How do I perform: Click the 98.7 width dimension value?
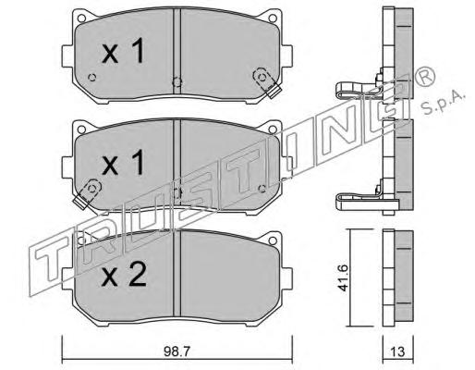coord(177,351)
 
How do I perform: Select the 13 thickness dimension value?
coord(397,351)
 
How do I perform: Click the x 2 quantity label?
coord(124,276)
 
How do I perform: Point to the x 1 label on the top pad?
coord(123,51)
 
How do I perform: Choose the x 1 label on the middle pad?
coord(123,162)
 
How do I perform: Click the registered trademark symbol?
coord(426,77)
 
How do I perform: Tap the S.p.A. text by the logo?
coord(443,104)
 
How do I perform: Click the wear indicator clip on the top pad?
coord(266,82)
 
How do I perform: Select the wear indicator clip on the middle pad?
coord(88,193)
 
